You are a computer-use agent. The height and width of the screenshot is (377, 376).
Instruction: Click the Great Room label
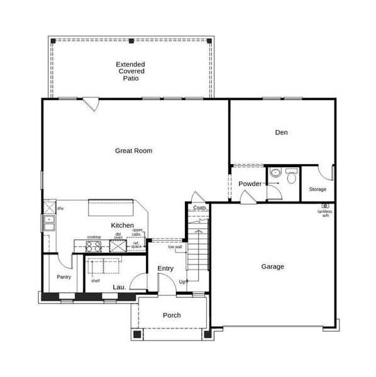pyautogui.click(x=133, y=151)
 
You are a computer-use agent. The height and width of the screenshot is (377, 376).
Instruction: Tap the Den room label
pyautogui.click(x=281, y=133)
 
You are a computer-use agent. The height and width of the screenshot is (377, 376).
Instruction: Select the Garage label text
pyautogui.click(x=272, y=266)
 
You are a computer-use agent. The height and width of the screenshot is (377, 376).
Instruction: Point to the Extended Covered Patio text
pyautogui.click(x=131, y=72)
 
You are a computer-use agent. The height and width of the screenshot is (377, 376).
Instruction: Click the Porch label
pyautogui.click(x=172, y=315)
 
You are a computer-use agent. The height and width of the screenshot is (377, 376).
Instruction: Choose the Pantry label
pyautogui.click(x=64, y=277)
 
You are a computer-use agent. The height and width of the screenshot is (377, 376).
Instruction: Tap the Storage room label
pyautogui.click(x=317, y=189)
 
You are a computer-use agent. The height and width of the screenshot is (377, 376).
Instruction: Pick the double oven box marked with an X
pyautogui.click(x=118, y=246)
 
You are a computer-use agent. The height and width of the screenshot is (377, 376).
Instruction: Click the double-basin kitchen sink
pyautogui.click(x=48, y=223)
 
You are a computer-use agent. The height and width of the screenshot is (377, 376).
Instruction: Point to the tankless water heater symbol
pyautogui.click(x=325, y=205)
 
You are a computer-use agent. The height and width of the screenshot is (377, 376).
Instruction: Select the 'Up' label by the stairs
pyautogui.click(x=182, y=281)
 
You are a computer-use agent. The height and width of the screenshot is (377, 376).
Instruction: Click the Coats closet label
pyautogui.click(x=199, y=208)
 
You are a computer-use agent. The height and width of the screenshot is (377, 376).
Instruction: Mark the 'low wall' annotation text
pyautogui.click(x=175, y=248)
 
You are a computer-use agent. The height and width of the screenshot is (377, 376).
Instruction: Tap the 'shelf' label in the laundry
pyautogui.click(x=95, y=281)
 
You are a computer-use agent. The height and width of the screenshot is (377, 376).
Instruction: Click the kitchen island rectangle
pyautogui.click(x=111, y=209)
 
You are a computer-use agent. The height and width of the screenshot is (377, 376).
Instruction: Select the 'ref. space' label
pyautogui.click(x=136, y=245)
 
